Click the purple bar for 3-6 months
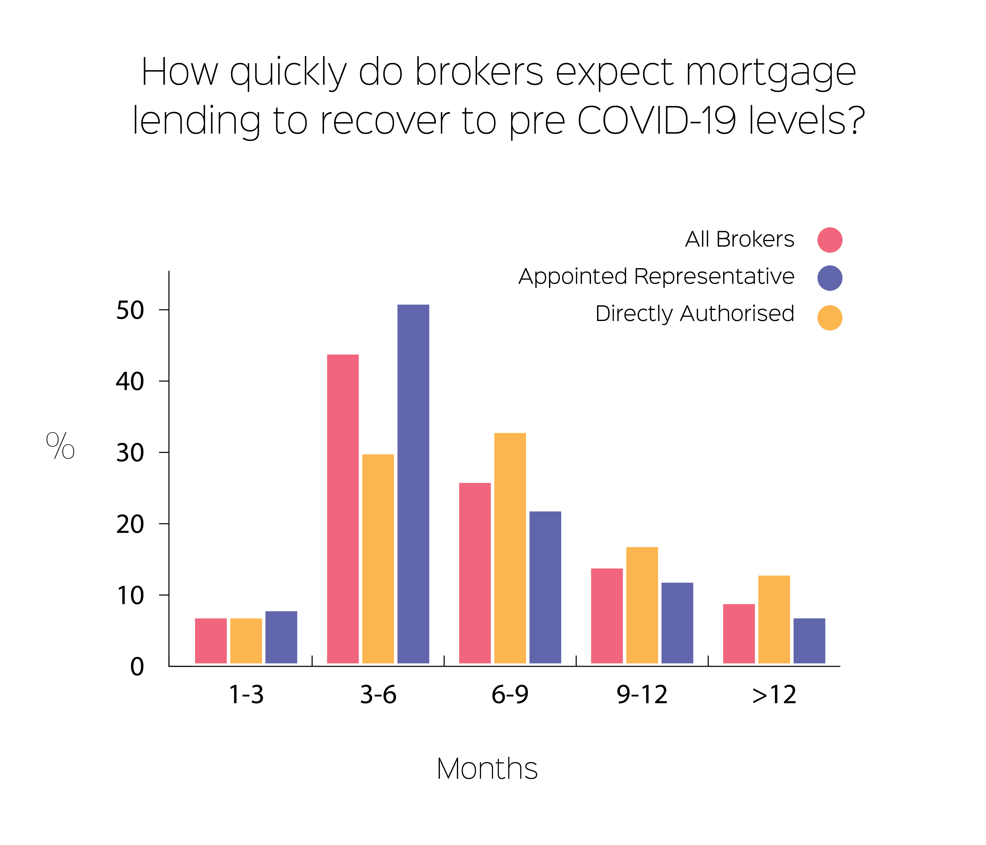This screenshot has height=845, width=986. point(413,484)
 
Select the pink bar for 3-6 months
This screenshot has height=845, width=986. point(343,509)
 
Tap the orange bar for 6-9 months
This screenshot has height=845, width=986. point(510,548)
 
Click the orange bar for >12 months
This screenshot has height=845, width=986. point(774,619)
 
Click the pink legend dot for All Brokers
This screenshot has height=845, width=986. point(830,240)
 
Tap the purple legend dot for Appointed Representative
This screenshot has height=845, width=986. point(830,278)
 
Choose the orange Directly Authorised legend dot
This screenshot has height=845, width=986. point(830,317)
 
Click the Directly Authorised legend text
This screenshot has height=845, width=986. point(695,314)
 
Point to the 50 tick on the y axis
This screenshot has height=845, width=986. point(164,310)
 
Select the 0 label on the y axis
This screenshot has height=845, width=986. point(137,667)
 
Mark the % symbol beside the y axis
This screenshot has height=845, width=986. point(60,446)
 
